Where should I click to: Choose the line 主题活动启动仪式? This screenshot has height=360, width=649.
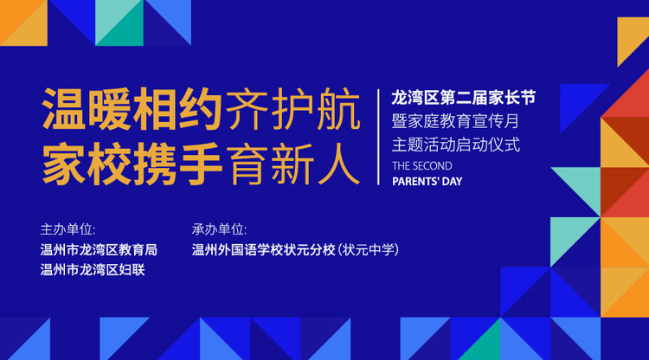(455, 144)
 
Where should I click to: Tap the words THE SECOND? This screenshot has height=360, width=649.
(421, 165)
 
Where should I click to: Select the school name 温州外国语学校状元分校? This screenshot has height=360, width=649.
(263, 249)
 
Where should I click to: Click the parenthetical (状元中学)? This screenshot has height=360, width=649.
(368, 249)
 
